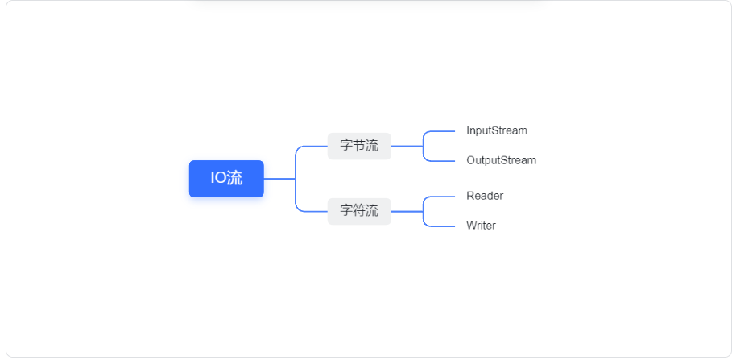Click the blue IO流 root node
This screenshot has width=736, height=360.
(x=226, y=179)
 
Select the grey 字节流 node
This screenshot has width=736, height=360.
(x=359, y=146)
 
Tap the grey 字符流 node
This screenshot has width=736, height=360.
(x=359, y=211)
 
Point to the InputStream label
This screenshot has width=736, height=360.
(x=497, y=130)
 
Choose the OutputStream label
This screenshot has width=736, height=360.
(x=502, y=160)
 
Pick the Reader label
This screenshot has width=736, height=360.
(x=485, y=196)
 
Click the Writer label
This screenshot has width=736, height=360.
(x=481, y=226)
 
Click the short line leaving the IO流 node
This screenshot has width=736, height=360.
(x=279, y=179)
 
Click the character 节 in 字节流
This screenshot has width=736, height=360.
(x=359, y=146)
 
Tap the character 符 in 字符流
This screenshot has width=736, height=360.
(x=359, y=211)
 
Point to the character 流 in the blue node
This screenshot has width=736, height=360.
(x=234, y=179)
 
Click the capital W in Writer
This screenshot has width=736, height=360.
(x=471, y=226)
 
